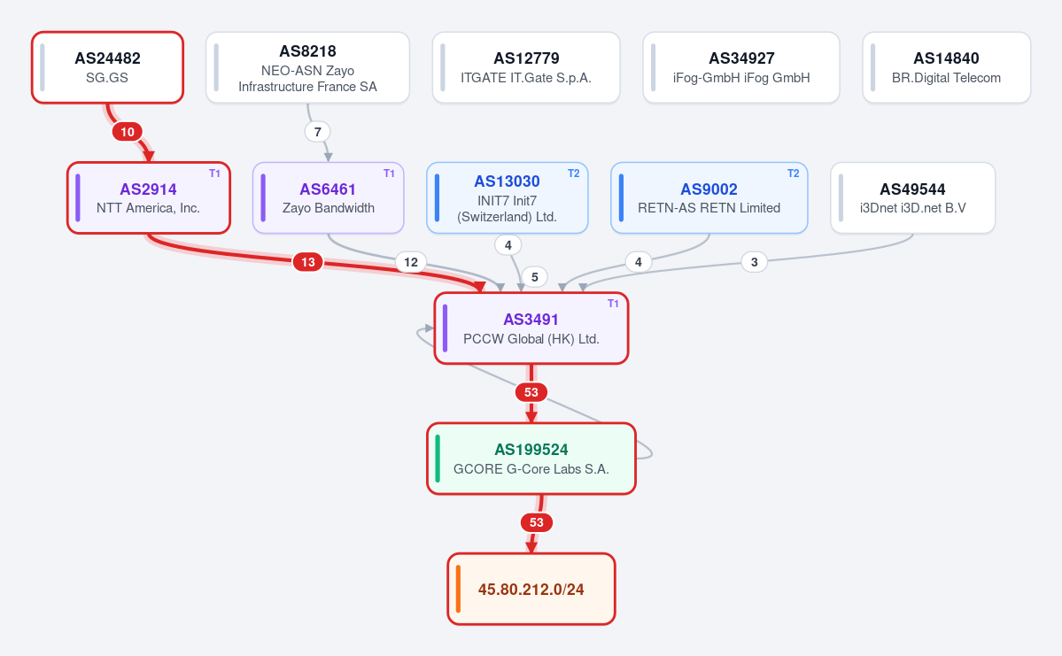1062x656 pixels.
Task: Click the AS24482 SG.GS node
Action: coord(108,67)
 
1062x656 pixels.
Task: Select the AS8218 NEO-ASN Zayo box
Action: coord(307,67)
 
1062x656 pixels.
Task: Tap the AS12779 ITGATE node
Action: coord(526,67)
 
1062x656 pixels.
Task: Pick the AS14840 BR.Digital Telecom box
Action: coord(946,67)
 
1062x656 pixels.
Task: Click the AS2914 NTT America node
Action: coord(148,197)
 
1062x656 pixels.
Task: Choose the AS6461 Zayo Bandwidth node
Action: coord(329,197)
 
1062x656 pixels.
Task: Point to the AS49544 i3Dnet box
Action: coord(912,197)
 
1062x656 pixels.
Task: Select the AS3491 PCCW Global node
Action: coord(531,328)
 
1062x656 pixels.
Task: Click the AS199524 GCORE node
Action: coord(531,459)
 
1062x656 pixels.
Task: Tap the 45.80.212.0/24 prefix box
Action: coord(531,589)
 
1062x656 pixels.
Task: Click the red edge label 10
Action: coord(128,132)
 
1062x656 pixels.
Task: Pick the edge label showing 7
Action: coord(318,132)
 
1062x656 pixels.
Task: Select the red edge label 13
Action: coord(308,262)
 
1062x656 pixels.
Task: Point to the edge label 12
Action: coord(411,262)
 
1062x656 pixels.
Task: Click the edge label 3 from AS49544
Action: coord(755,262)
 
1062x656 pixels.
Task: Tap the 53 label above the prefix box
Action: coord(537,522)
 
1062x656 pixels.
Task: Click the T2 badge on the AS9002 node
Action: coord(793,174)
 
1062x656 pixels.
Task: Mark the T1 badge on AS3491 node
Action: coord(613,304)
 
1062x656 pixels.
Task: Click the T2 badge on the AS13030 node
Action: coord(574,174)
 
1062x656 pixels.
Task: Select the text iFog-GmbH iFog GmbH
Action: coord(741,78)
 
